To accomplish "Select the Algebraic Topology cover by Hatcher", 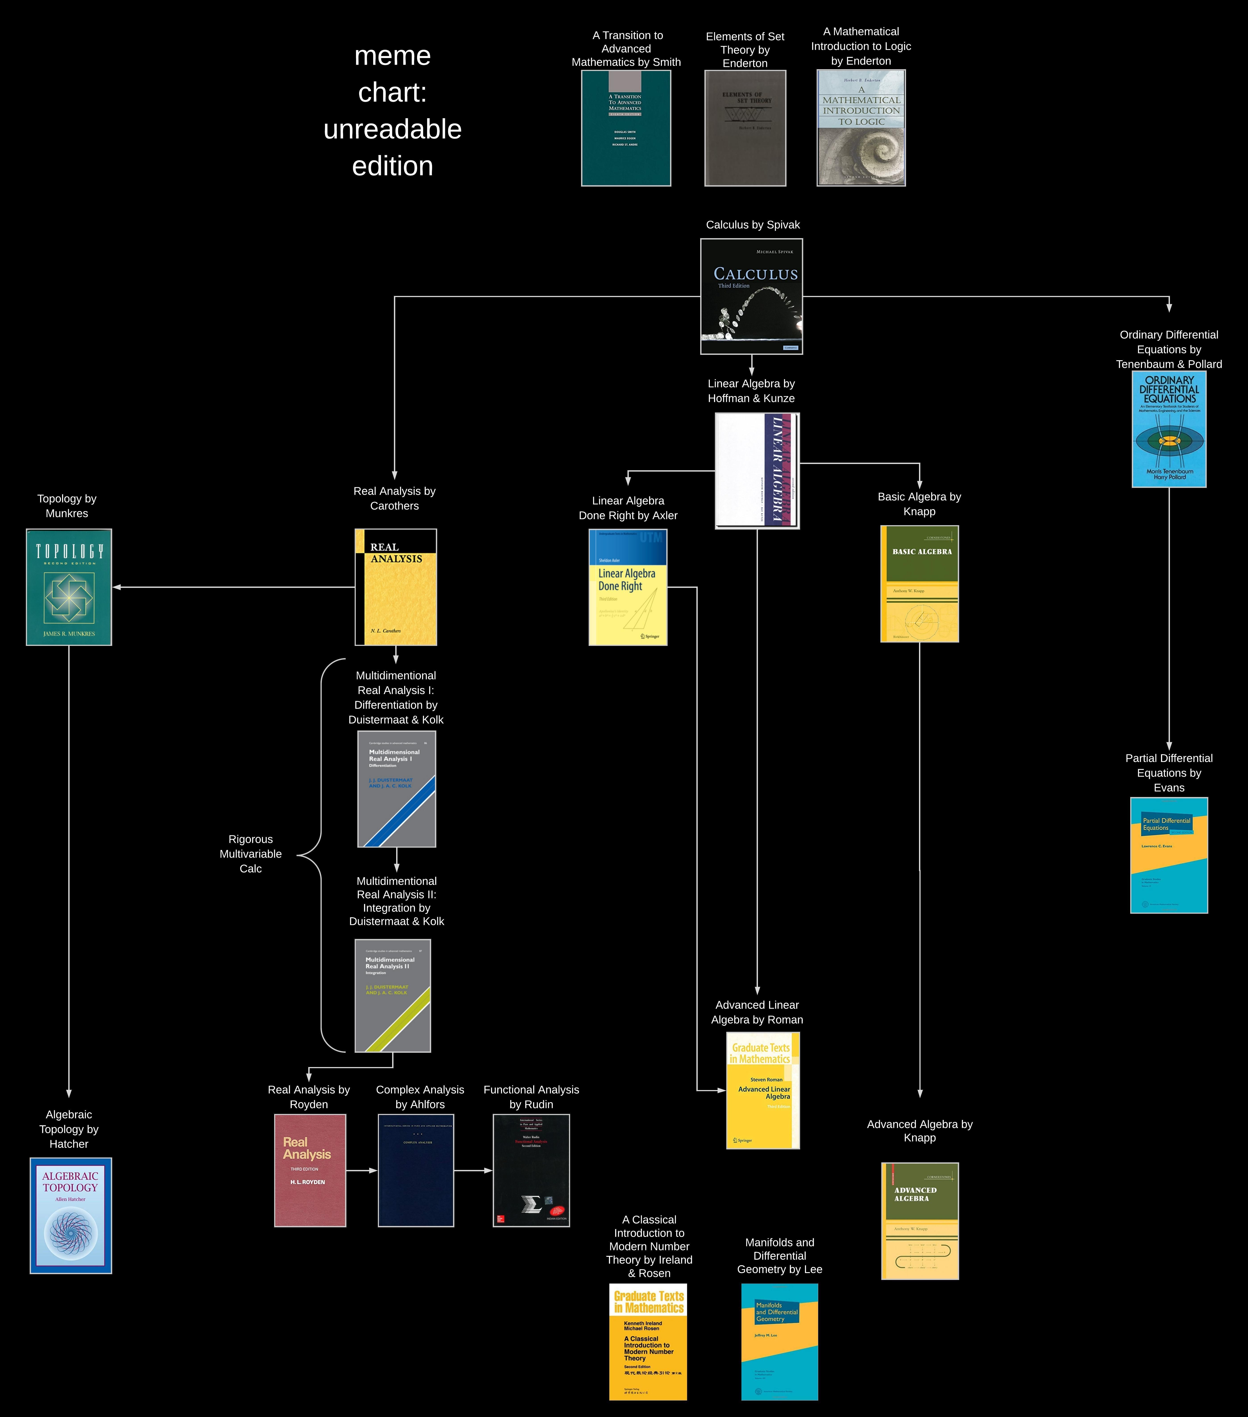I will [71, 1215].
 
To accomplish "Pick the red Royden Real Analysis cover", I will [310, 1170].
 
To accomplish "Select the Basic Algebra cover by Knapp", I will [919, 584].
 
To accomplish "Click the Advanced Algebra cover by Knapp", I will [919, 1221].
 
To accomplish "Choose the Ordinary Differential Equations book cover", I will [1169, 429].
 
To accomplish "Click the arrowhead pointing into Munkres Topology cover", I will [116, 587].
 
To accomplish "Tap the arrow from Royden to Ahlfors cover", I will [362, 1170].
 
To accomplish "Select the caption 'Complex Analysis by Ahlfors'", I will [420, 1097].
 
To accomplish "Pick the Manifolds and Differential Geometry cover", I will [780, 1341].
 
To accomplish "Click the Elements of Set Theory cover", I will [745, 128].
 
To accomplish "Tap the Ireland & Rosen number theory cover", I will [648, 1341].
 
